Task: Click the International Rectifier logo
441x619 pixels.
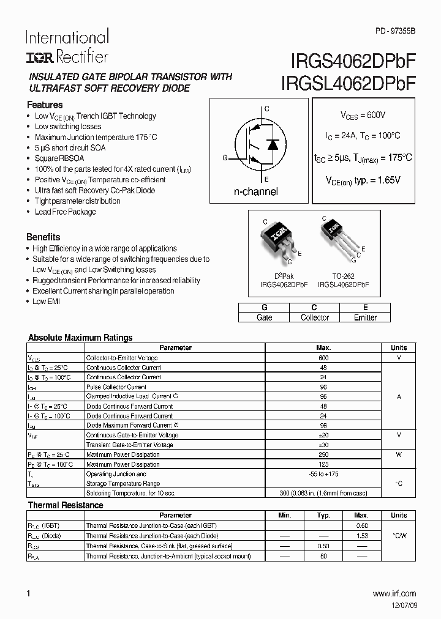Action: pos(67,46)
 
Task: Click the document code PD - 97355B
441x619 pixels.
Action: pos(395,31)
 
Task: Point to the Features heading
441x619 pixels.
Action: pos(45,105)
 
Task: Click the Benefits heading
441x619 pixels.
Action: pos(43,237)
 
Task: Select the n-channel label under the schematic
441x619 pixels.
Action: pos(255,191)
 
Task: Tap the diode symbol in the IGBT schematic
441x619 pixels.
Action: pos(273,146)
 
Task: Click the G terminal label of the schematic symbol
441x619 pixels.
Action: pos(225,158)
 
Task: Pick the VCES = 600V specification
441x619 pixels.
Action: pos(363,115)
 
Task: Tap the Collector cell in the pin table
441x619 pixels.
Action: pos(315,317)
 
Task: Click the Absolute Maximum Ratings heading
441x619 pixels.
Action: pos(80,338)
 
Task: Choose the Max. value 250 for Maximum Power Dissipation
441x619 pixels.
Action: pos(323,454)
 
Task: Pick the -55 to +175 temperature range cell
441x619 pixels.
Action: pos(323,474)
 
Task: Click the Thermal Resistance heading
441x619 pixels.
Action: pos(66,505)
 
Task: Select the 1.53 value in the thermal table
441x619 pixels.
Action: pos(361,535)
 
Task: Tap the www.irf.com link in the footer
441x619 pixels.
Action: pos(394,593)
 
